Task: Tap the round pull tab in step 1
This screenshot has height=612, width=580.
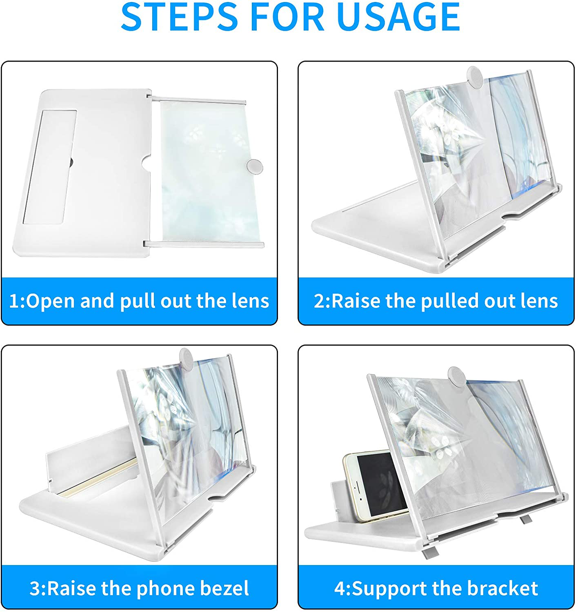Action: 255,166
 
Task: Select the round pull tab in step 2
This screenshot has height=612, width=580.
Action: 475,76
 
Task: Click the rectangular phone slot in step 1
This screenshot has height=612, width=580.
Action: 50,166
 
